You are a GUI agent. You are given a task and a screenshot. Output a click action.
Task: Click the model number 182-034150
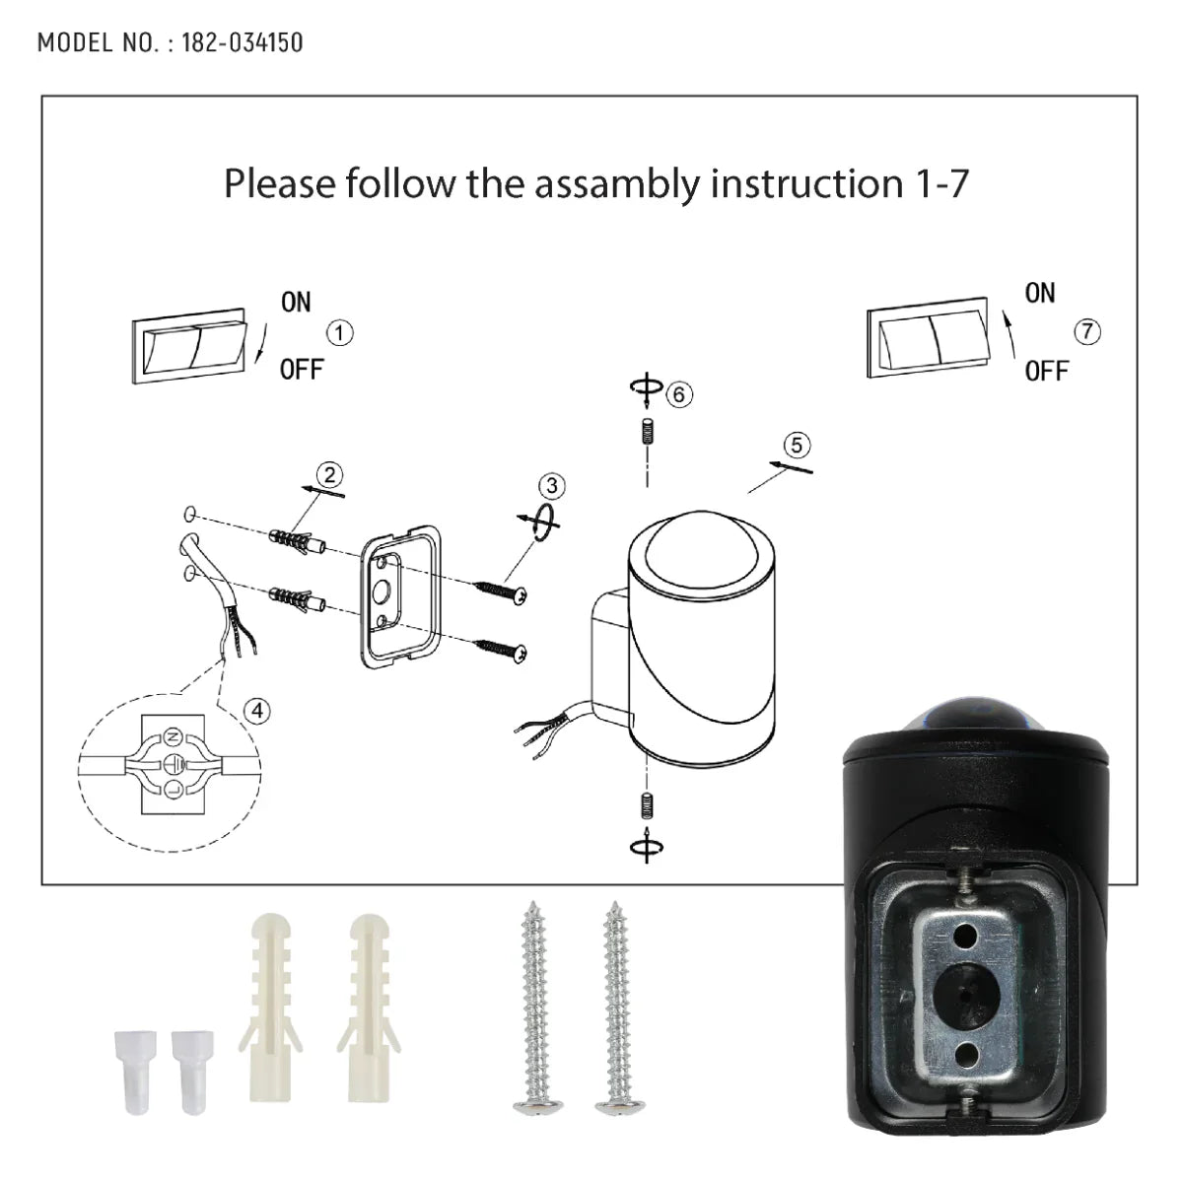pyautogui.click(x=243, y=42)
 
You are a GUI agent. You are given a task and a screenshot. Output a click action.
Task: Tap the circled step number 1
pyautogui.click(x=339, y=333)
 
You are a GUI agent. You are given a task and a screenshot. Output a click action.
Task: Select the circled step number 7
pyautogui.click(x=1087, y=332)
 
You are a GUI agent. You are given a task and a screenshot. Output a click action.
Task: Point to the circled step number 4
pyautogui.click(x=256, y=710)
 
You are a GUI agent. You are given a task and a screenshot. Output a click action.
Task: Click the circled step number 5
pyautogui.click(x=797, y=445)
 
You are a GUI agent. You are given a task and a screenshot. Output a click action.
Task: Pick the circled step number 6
pyautogui.click(x=678, y=394)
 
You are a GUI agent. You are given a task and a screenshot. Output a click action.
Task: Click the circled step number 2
pyautogui.click(x=329, y=474)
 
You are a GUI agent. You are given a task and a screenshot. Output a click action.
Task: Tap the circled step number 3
pyautogui.click(x=553, y=485)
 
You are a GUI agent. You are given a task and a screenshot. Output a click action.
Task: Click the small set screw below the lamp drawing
pyautogui.click(x=646, y=804)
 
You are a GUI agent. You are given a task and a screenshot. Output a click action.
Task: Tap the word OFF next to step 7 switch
pyautogui.click(x=1046, y=372)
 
